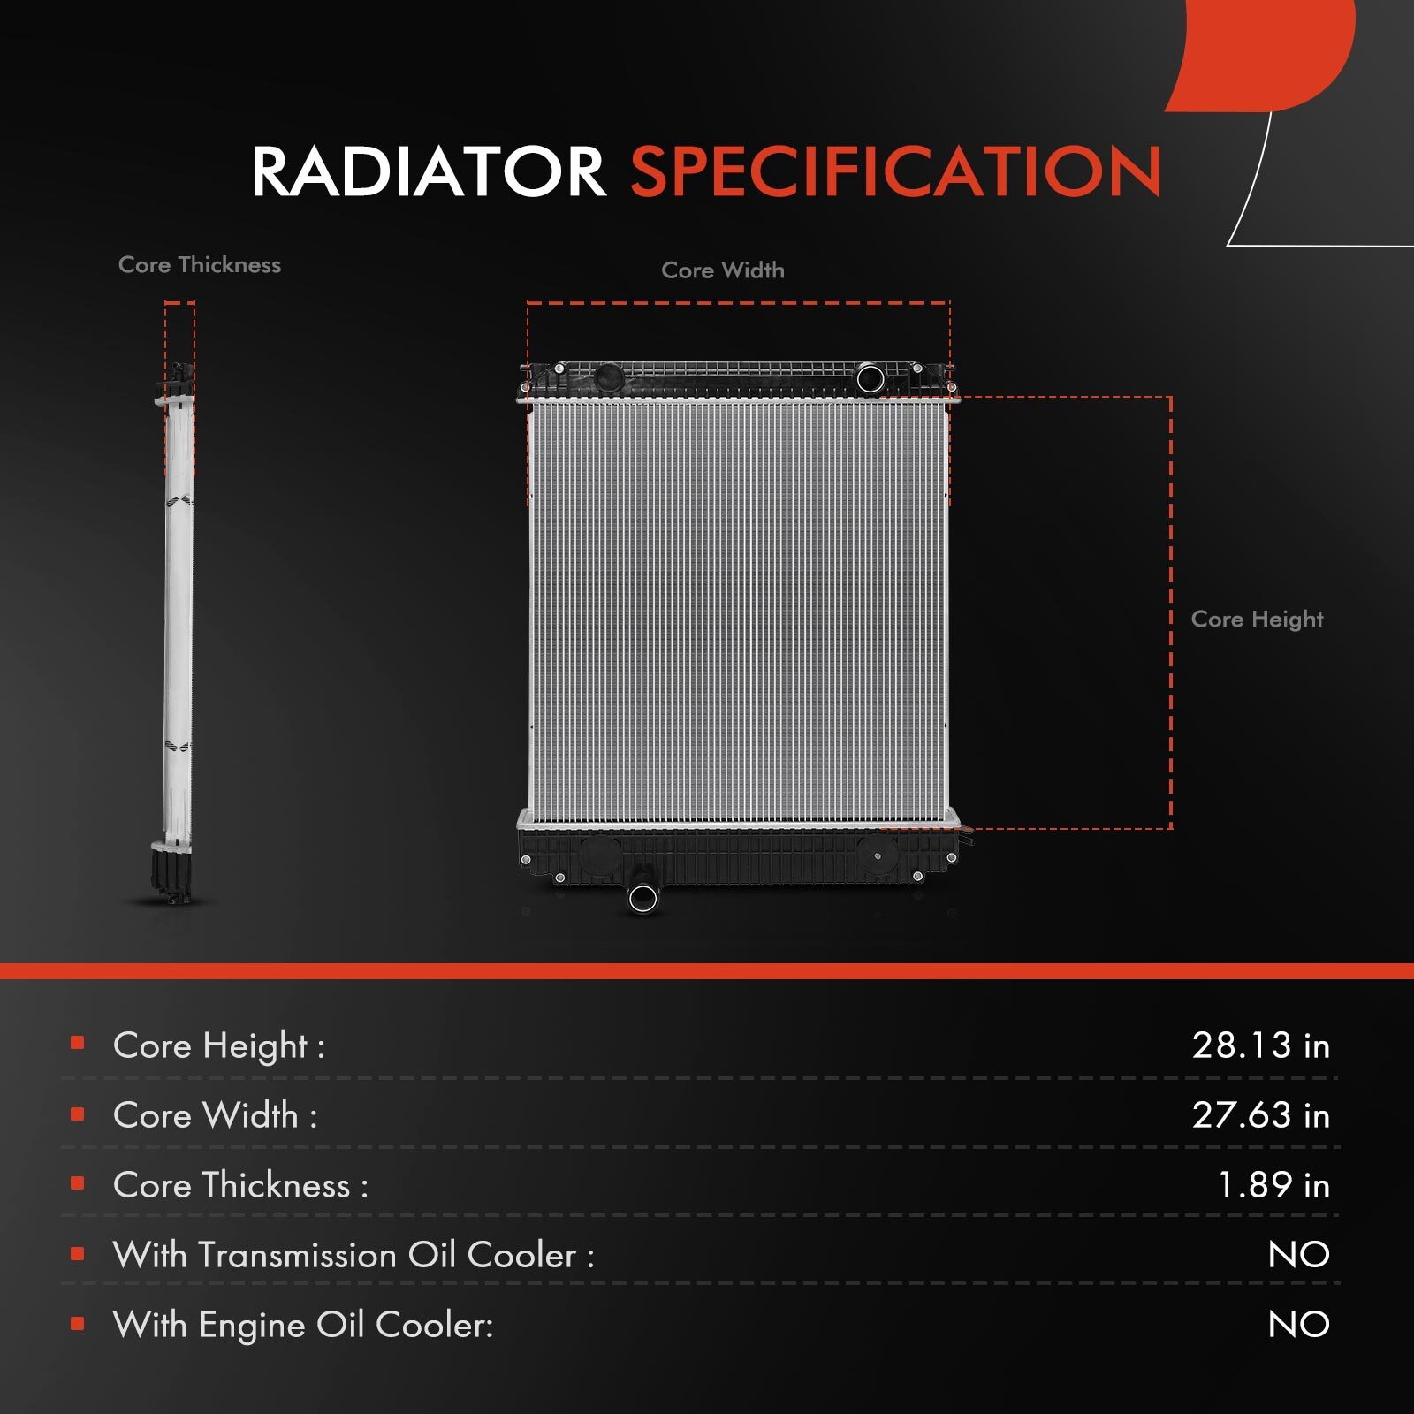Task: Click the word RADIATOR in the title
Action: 429,171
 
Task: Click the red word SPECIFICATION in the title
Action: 896,171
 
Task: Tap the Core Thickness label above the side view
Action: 200,265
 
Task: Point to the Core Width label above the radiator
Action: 723,270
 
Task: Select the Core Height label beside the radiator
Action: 1257,620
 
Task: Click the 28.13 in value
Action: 1261,1045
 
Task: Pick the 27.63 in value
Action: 1261,1115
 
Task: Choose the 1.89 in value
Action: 1273,1185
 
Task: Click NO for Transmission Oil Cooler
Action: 1299,1255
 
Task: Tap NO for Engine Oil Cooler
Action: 1299,1325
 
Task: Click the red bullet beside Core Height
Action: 78,1044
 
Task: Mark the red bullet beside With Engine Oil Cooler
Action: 78,1324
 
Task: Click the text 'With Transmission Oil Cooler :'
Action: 353,1255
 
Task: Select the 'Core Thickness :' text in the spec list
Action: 240,1185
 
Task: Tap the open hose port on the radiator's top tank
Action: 870,379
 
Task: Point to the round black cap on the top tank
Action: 608,378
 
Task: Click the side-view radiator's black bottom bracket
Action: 171,871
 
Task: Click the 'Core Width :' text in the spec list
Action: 215,1115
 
